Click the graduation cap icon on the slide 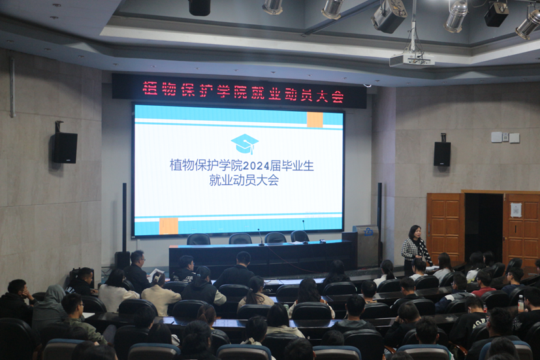click(x=244, y=144)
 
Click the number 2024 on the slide click(x=256, y=167)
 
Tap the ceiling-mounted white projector click(x=412, y=60)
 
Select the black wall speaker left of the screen click(x=65, y=148)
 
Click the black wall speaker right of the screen click(x=442, y=154)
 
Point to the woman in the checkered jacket click(x=416, y=249)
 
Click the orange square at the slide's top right click(x=315, y=119)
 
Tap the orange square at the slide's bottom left click(x=168, y=226)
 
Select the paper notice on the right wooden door click(x=516, y=210)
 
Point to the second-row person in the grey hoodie click(x=50, y=307)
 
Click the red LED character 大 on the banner click(x=321, y=95)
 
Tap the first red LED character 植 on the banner click(x=150, y=88)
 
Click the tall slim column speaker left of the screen click(x=124, y=217)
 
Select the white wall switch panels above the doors click(x=505, y=137)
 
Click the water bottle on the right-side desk click(x=520, y=303)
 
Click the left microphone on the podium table click(x=261, y=237)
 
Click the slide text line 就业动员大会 click(x=244, y=180)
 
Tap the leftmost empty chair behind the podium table click(x=199, y=239)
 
